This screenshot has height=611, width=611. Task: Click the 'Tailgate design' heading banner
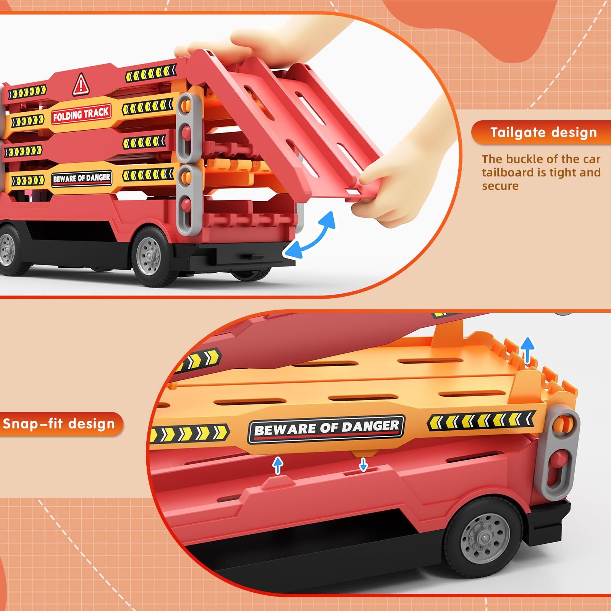(541, 133)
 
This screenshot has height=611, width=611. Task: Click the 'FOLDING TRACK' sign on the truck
(81, 114)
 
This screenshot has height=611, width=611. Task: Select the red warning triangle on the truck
(81, 84)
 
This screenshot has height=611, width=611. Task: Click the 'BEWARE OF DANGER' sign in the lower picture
(326, 429)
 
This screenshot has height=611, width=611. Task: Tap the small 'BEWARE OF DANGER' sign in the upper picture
(82, 178)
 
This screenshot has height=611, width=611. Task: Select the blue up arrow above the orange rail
(527, 350)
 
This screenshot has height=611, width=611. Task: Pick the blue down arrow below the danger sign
(363, 464)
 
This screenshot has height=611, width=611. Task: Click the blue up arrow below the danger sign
(278, 466)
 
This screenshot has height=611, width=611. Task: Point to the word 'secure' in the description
(500, 186)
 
